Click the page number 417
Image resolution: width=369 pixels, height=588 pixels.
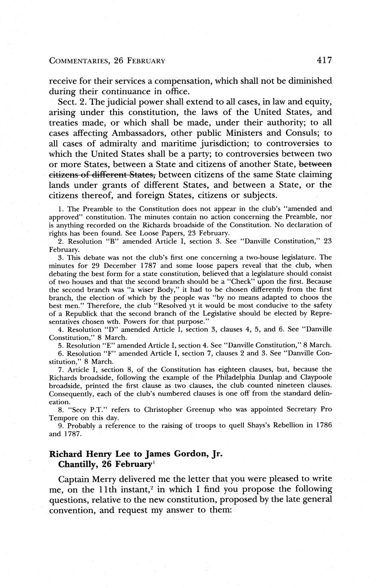tap(324, 60)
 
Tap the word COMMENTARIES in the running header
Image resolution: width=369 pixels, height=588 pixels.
tap(79, 61)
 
